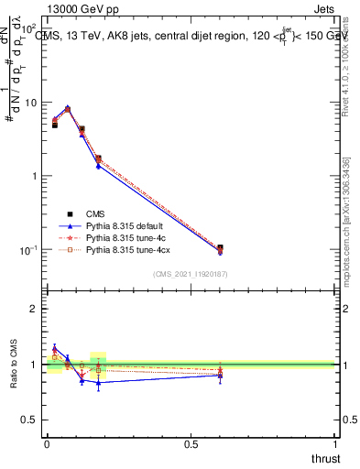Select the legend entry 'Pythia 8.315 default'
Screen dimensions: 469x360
click(125, 224)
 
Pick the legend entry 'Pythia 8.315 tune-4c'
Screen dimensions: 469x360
click(125, 236)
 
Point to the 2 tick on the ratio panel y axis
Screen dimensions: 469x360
click(35, 309)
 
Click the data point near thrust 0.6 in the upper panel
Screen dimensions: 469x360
click(220, 248)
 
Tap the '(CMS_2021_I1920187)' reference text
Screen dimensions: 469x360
click(190, 274)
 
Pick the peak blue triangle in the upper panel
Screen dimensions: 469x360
click(67, 107)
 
